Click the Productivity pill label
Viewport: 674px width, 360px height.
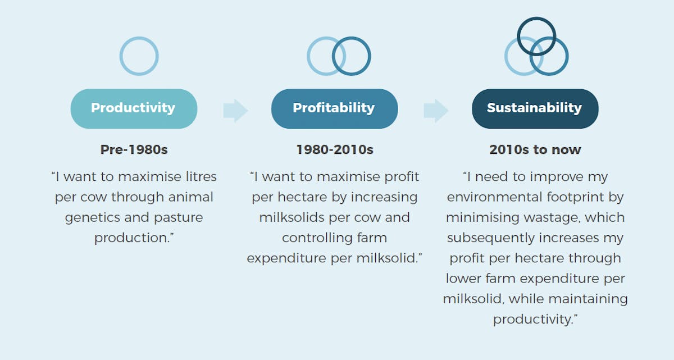point(133,108)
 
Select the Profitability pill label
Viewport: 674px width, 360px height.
point(334,108)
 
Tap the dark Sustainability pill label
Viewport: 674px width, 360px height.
point(534,108)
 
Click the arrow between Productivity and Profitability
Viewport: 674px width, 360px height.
point(235,110)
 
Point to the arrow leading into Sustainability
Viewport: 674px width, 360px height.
point(436,110)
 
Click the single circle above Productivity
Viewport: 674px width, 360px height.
point(139,56)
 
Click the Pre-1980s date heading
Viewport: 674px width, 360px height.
point(134,150)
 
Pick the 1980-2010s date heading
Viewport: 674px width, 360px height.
point(335,150)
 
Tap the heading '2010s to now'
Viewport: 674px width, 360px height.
point(535,150)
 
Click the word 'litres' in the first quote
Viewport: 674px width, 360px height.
point(197,177)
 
